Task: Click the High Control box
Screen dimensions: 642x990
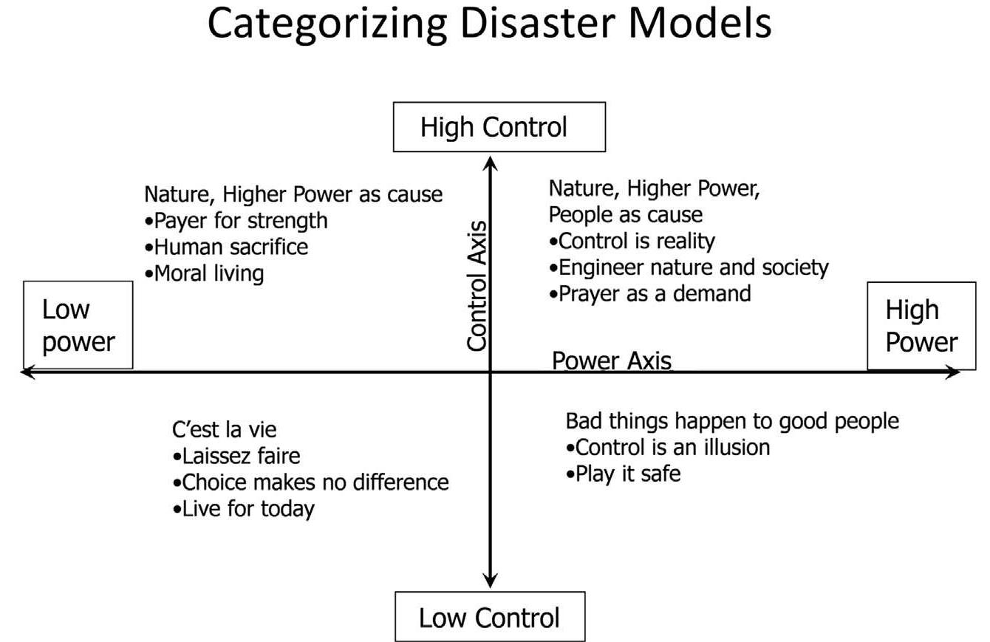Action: click(x=499, y=127)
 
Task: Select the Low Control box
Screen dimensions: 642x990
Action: click(x=490, y=616)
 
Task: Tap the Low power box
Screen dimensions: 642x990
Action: click(x=78, y=325)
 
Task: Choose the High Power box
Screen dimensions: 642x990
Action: click(x=921, y=326)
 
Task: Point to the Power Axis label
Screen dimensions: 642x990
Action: click(x=612, y=361)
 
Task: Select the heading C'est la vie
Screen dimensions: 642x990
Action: click(x=225, y=429)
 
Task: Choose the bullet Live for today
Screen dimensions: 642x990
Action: click(x=245, y=508)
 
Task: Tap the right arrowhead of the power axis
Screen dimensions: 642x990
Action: click(x=954, y=372)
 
